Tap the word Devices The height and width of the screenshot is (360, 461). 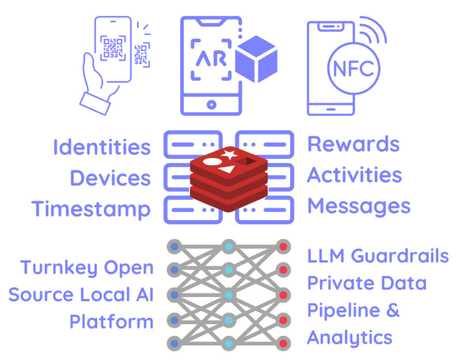[110, 177]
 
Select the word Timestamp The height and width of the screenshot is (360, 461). [91, 209]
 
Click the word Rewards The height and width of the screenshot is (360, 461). [353, 144]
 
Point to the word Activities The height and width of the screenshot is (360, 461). [354, 175]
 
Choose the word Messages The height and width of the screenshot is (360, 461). [358, 206]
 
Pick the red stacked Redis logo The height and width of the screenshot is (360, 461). [229, 179]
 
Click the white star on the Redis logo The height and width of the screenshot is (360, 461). [229, 155]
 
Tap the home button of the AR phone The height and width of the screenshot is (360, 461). [211, 105]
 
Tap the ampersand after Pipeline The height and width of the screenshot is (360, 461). [391, 310]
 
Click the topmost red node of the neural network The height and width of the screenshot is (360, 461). [282, 247]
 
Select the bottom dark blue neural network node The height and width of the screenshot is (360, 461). [175, 343]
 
